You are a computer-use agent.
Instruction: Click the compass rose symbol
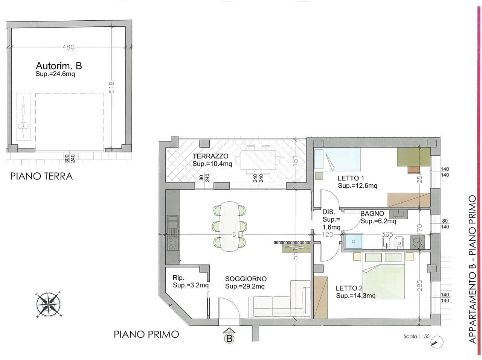(x=49, y=305)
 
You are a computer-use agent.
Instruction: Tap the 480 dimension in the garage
(x=69, y=47)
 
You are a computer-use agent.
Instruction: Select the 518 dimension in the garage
(x=111, y=87)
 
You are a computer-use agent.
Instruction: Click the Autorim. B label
(x=59, y=66)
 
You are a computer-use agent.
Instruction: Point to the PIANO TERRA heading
(x=41, y=176)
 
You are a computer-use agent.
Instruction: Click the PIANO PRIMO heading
(x=146, y=334)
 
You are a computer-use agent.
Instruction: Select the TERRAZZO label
(x=210, y=156)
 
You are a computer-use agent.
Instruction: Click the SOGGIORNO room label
(x=246, y=279)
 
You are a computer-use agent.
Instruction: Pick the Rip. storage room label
(x=178, y=278)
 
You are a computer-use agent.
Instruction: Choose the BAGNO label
(x=372, y=213)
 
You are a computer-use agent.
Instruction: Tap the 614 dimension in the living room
(x=238, y=234)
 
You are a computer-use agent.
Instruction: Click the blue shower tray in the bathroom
(x=354, y=241)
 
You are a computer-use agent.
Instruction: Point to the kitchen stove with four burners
(x=172, y=243)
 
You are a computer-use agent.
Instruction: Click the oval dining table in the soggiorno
(x=230, y=226)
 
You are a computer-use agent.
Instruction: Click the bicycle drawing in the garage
(x=23, y=117)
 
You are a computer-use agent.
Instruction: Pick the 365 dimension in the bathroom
(x=387, y=234)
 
